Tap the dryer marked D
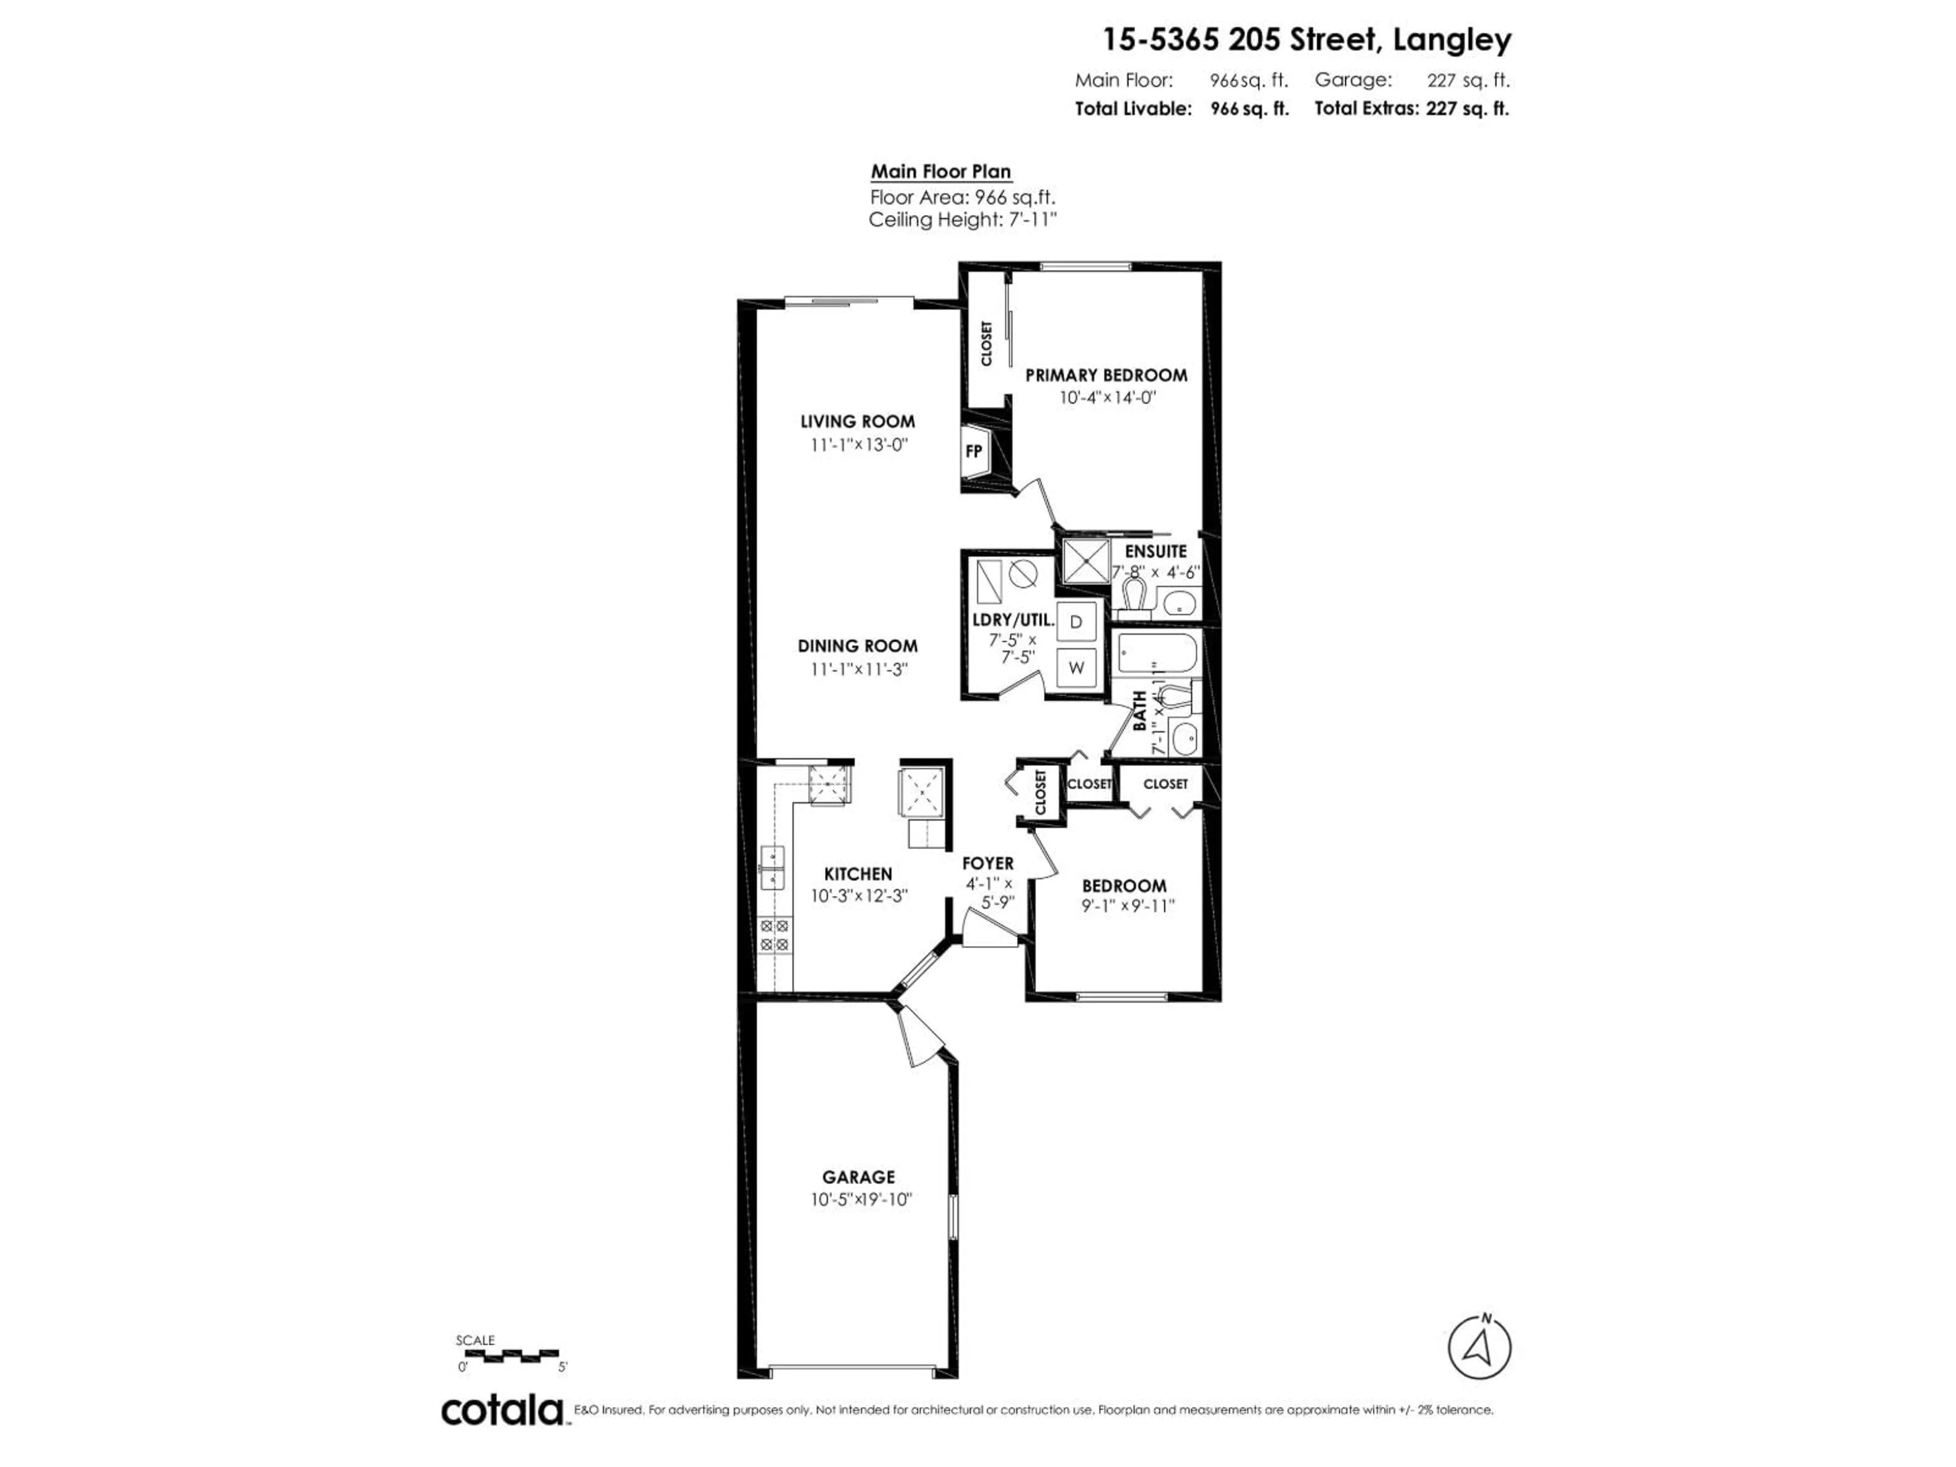(x=1076, y=621)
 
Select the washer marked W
(x=1076, y=668)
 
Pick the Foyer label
(x=988, y=863)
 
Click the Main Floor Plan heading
(x=941, y=172)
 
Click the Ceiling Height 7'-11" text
(x=962, y=220)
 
